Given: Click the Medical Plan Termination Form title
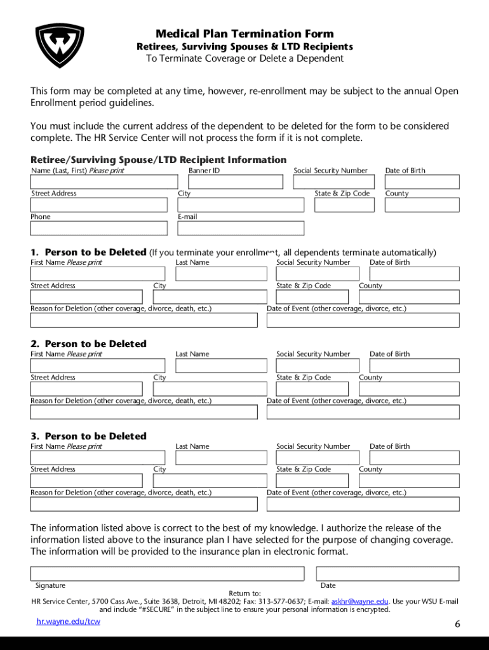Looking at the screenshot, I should click(x=245, y=34).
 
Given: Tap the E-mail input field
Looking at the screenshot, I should click(x=241, y=229).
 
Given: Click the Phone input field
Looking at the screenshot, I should click(x=99, y=229).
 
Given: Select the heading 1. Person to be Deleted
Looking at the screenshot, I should click(x=95, y=252).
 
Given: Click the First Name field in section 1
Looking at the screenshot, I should click(x=98, y=274).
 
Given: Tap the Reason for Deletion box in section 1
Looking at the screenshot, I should click(x=144, y=320).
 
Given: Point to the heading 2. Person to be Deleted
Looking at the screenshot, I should click(x=95, y=344).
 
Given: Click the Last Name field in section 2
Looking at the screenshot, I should click(x=221, y=366).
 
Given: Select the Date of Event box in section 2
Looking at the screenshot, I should click(x=363, y=412).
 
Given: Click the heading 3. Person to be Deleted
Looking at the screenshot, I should click(x=95, y=436).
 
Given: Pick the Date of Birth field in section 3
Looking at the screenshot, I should click(x=414, y=458).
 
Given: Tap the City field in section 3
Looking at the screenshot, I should click(x=210, y=481).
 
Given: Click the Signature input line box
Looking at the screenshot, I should click(x=168, y=574).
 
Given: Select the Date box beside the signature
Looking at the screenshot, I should click(x=389, y=574).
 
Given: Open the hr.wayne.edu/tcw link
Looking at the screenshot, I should click(x=69, y=621).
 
